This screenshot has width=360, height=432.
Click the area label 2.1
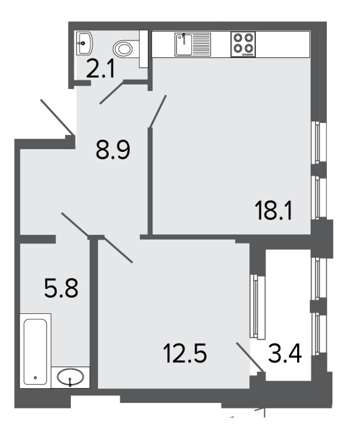(x=100, y=69)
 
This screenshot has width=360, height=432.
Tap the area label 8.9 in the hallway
(x=113, y=150)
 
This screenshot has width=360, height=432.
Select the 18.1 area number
(x=273, y=211)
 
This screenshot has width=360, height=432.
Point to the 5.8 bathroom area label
(x=61, y=288)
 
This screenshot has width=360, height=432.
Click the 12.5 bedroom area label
(x=184, y=353)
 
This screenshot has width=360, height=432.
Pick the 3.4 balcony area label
(x=285, y=353)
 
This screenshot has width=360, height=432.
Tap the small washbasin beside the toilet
(x=84, y=43)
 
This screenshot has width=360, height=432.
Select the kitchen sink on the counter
(x=192, y=45)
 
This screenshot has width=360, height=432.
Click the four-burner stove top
(x=243, y=45)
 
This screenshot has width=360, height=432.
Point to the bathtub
(x=35, y=351)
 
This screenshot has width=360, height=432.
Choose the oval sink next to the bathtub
(x=70, y=377)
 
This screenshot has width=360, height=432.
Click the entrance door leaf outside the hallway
(x=57, y=117)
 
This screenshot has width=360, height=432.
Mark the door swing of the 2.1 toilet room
(x=111, y=92)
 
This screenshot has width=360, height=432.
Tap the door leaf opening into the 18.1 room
(x=158, y=111)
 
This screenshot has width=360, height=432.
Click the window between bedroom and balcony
(x=257, y=306)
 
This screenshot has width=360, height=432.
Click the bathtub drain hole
(x=35, y=378)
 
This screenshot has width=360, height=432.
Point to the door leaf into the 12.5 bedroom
(x=115, y=250)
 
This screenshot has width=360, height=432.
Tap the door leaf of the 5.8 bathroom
(x=75, y=225)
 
